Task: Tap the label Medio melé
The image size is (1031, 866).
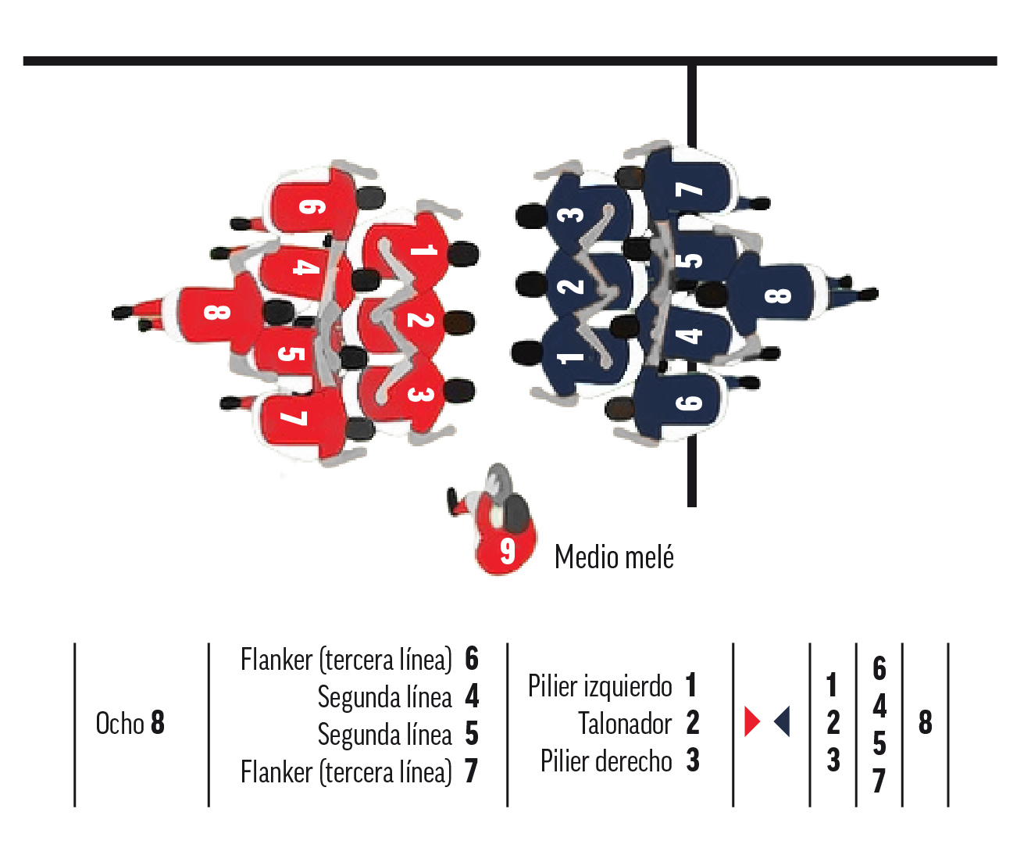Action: [x=614, y=557]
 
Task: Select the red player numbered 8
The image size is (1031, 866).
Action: [x=215, y=313]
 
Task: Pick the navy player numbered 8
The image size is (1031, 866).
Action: [x=776, y=295]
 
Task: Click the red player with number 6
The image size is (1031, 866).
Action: [x=312, y=206]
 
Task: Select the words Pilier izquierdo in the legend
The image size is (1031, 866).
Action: [x=599, y=686]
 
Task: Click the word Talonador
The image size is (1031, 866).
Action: [x=624, y=724]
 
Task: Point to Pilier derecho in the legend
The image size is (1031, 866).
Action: [x=605, y=761]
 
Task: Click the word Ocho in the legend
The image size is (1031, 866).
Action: [x=120, y=724]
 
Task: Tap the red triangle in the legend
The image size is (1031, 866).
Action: [x=751, y=721]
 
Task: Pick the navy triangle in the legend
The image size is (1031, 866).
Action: [x=783, y=721]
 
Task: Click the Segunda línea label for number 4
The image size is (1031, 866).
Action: [x=384, y=697]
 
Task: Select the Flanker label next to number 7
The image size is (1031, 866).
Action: [x=346, y=772]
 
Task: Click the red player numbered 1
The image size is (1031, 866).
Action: [x=418, y=250]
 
